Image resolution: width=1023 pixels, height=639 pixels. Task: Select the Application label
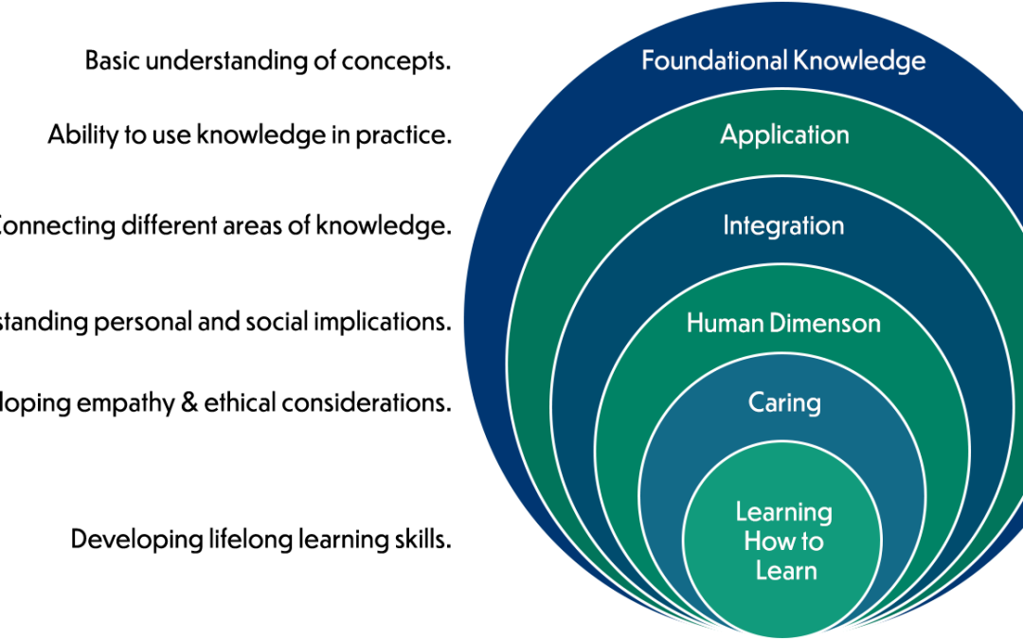[784, 135]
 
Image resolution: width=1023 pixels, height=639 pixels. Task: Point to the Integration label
[783, 226]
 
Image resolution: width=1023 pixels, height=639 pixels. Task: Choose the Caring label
[784, 403]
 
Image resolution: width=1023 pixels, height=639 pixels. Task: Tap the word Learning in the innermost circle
[784, 512]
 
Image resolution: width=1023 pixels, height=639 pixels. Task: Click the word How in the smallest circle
[765, 541]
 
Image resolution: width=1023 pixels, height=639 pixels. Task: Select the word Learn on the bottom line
[786, 571]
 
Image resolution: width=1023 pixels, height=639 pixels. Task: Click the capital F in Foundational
[648, 61]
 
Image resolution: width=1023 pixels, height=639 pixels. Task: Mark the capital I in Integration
[727, 226]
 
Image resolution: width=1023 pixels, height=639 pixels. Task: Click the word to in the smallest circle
[811, 542]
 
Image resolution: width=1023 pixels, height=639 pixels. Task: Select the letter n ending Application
[842, 135]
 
